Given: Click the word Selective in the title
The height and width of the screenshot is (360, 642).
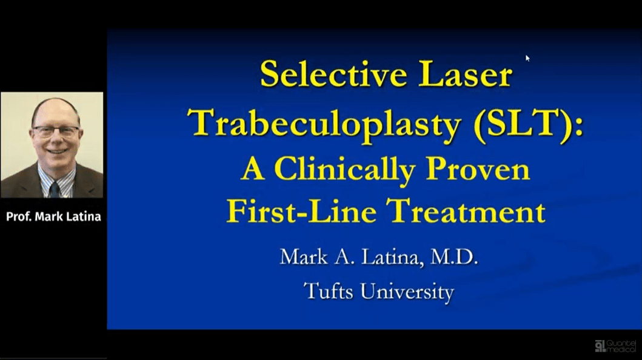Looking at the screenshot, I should [333, 75].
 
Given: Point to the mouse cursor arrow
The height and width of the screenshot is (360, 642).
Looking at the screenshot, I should [527, 58].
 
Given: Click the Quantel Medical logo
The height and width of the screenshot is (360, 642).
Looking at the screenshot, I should [617, 346].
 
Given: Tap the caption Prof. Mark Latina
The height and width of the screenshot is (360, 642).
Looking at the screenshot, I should [53, 216].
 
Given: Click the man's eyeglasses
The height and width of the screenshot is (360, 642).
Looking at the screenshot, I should [56, 132].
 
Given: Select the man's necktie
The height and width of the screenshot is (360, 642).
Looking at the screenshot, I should [55, 189].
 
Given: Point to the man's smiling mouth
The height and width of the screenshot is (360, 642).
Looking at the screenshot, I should [56, 151].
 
